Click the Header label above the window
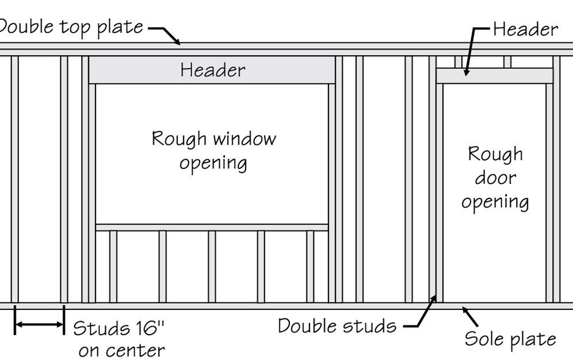[212, 70]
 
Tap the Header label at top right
[525, 29]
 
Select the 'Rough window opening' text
[213, 150]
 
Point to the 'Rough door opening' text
[495, 178]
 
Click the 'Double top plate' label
[71, 26]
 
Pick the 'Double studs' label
[337, 326]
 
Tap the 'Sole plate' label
[510, 339]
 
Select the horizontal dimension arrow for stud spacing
[39, 325]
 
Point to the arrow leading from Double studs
[421, 313]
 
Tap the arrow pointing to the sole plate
[471, 316]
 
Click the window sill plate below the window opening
[212, 227]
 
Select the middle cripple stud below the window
[212, 266]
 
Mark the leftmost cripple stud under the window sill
[113, 266]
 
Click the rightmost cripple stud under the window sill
[310, 266]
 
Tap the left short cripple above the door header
[458, 62]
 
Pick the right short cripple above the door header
[507, 62]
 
